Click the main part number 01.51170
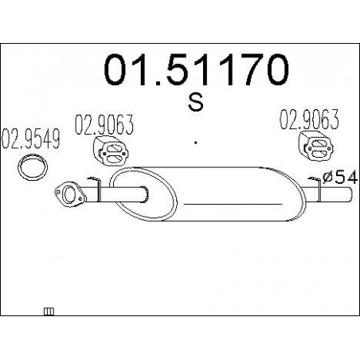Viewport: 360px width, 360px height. (196, 69)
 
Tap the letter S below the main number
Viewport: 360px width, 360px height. (196, 102)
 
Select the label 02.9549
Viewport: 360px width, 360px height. (30, 139)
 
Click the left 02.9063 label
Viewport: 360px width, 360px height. (104, 125)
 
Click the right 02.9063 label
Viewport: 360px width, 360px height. (309, 119)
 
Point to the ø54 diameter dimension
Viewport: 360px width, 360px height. (340, 178)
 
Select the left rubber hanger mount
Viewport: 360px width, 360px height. (111, 151)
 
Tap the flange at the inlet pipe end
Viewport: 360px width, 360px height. (70, 194)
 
